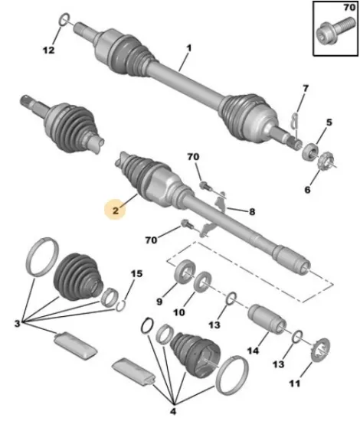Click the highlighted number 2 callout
(x=116, y=210)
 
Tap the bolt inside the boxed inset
(x=335, y=31)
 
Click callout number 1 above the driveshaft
(x=189, y=48)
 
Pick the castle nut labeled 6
(x=325, y=161)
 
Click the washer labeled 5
(x=310, y=152)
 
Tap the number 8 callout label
(x=252, y=211)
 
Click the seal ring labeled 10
(x=203, y=281)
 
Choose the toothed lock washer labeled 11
(x=320, y=350)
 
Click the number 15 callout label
(x=137, y=274)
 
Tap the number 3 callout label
(x=17, y=323)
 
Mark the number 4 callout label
(x=173, y=411)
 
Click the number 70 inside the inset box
(x=349, y=8)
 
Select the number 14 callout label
(x=253, y=351)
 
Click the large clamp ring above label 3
(x=43, y=256)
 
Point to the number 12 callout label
(x=48, y=50)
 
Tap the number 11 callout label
(x=295, y=383)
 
